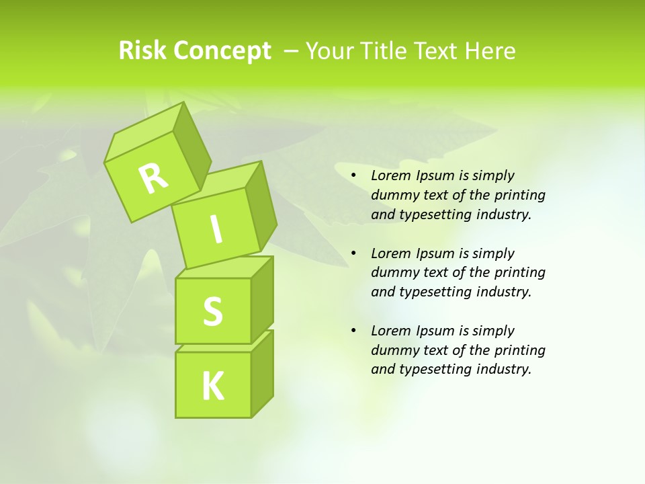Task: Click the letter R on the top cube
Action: pyautogui.click(x=153, y=179)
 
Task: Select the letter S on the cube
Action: pyautogui.click(x=212, y=311)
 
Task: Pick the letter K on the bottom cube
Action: pyautogui.click(x=212, y=387)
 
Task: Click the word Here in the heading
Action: pyautogui.click(x=489, y=51)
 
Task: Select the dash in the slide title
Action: pyautogui.click(x=292, y=51)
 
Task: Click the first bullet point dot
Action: pyautogui.click(x=353, y=176)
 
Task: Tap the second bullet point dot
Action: pyautogui.click(x=353, y=253)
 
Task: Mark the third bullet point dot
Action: pyautogui.click(x=353, y=331)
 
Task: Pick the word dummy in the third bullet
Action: pyautogui.click(x=393, y=350)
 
